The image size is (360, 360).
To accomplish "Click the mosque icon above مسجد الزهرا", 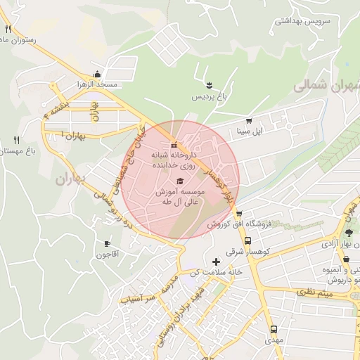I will (97, 75).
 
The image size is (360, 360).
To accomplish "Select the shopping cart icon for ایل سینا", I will (248, 120).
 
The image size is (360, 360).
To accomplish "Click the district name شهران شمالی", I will (325, 86).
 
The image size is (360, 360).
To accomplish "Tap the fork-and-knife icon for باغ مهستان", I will (16, 140).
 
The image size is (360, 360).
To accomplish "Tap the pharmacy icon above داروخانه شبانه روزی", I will (174, 145).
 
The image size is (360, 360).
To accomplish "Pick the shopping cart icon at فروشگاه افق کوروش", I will (239, 214).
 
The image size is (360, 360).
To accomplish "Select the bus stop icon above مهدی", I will (274, 329).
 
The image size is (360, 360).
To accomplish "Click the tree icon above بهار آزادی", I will (349, 233).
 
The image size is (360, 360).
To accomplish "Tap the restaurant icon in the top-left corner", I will (8, 29).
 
